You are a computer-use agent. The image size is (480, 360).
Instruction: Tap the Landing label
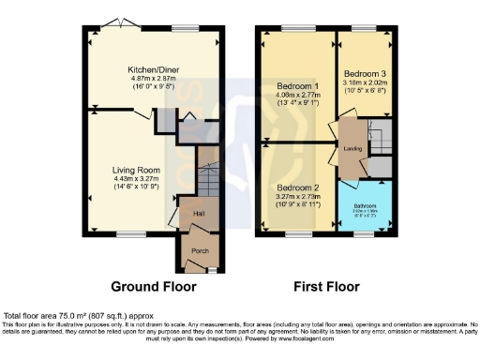352,148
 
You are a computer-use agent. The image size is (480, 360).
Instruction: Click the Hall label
199,213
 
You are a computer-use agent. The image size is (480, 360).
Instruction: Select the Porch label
200,250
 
